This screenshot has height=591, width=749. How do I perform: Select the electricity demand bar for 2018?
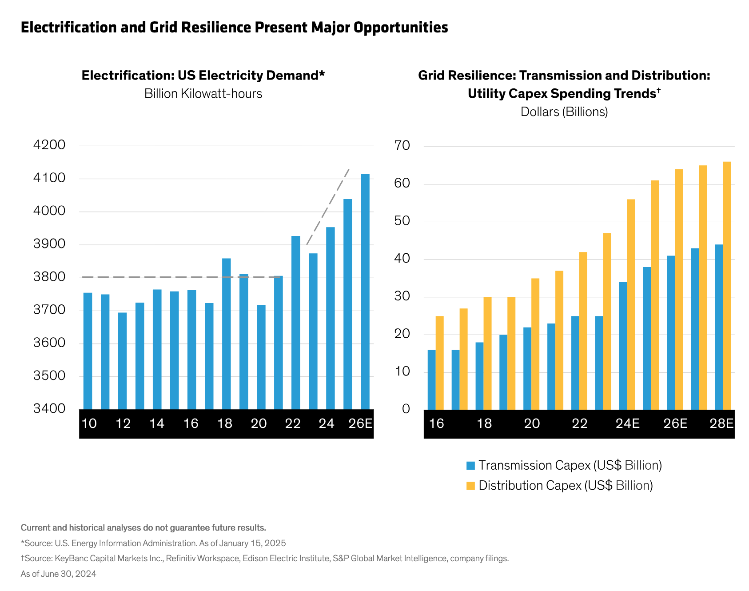click(x=226, y=333)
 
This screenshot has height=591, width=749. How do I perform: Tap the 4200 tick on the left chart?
click(x=49, y=145)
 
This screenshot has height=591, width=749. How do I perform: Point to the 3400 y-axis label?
click(x=49, y=408)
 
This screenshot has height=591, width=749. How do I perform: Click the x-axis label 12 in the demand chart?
click(x=123, y=423)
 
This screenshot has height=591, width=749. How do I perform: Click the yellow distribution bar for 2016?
click(x=439, y=363)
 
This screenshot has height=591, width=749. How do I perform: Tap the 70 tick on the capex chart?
click(x=402, y=146)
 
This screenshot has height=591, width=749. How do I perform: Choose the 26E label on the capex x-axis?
click(x=675, y=423)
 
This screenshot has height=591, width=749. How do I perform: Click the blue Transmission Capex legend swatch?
click(x=470, y=466)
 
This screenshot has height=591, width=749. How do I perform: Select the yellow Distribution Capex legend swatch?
click(x=470, y=486)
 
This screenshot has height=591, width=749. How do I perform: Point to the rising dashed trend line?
click(x=328, y=206)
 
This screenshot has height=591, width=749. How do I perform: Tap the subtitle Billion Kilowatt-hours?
click(x=203, y=94)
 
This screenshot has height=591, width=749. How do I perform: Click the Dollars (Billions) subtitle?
click(x=564, y=112)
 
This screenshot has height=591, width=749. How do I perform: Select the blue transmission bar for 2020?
click(x=527, y=368)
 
